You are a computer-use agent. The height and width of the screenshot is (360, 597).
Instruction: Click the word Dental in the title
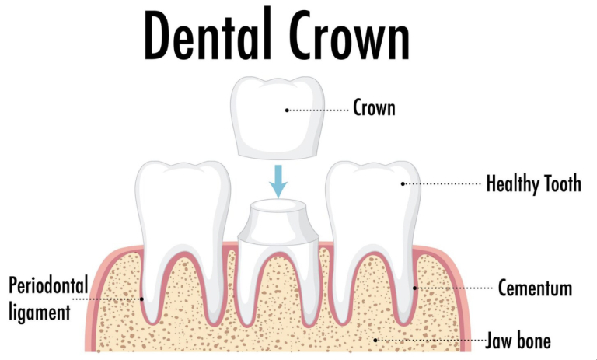click(208, 35)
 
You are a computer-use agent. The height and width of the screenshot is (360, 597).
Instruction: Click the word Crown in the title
click(349, 35)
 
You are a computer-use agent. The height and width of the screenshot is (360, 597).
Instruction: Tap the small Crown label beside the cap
click(374, 107)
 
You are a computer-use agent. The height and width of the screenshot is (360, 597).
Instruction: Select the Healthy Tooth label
click(534, 184)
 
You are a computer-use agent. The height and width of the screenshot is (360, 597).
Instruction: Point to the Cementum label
click(535, 288)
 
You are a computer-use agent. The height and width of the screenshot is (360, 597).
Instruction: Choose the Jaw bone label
click(518, 341)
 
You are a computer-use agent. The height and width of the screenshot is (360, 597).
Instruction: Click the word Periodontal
click(48, 285)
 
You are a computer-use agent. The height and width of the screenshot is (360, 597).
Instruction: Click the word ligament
click(40, 313)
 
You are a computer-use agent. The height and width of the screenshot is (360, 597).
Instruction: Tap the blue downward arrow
click(278, 181)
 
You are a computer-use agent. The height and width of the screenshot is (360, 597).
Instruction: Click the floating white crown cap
click(278, 117)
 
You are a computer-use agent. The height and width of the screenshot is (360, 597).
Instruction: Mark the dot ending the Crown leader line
click(287, 110)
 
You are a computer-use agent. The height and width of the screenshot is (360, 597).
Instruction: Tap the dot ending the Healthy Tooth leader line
click(403, 184)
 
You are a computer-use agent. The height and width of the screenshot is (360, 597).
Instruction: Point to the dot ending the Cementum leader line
click(415, 288)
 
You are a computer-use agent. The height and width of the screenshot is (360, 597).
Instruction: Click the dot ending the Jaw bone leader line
click(375, 341)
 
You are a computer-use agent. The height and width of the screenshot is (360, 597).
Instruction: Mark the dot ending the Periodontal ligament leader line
click(141, 299)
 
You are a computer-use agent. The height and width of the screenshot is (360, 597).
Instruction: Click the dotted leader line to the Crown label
click(318, 110)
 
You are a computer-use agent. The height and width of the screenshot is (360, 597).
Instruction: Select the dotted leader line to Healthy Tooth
click(442, 184)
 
